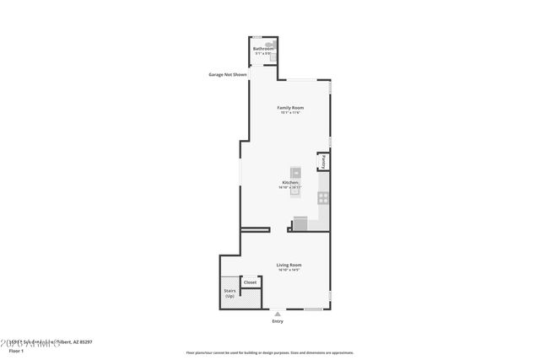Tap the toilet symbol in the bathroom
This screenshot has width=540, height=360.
click(270, 44)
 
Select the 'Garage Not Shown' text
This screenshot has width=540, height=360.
click(228, 75)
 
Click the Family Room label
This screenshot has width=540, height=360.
click(291, 108)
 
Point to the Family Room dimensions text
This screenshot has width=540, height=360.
click(291, 113)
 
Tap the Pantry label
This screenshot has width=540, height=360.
click(323, 161)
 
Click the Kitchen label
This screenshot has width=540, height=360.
click(290, 183)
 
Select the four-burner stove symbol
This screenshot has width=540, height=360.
click(322, 198)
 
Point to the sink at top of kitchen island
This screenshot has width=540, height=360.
click(295, 173)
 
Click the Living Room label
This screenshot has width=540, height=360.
click(289, 265)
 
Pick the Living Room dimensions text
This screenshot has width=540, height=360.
click(289, 270)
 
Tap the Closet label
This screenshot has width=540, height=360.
click(250, 282)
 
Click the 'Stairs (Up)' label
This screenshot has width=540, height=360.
click(229, 294)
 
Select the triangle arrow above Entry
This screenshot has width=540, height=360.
click(278, 314)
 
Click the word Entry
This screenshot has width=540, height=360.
click(278, 321)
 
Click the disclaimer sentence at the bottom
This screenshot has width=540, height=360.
click(269, 352)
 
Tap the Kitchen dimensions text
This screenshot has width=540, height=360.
click(290, 188)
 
